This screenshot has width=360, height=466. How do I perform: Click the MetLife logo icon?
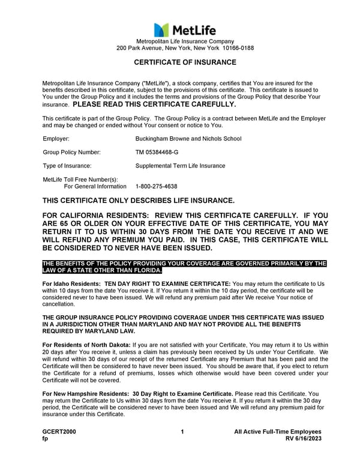pyautogui.click(x=161, y=29)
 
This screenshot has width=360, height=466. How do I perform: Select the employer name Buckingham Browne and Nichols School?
pyautogui.click(x=188, y=139)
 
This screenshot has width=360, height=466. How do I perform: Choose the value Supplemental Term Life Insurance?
pyautogui.click(x=180, y=166)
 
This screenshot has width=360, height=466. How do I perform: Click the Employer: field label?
pyautogui.click(x=56, y=139)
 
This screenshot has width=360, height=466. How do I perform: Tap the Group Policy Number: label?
pyautogui.click(x=71, y=152)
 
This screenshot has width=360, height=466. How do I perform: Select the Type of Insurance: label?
pyautogui.click(x=67, y=166)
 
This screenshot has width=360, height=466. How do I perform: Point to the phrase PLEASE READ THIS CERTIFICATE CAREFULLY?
pyautogui.click(x=154, y=104)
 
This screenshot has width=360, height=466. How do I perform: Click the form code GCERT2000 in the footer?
pyautogui.click(x=59, y=432)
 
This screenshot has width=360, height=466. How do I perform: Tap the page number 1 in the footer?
pyautogui.click(x=182, y=432)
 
